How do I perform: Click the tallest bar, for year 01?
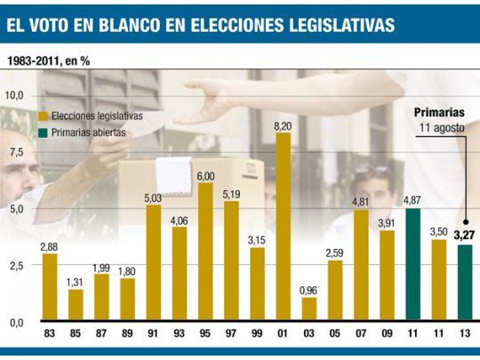(x=284, y=228)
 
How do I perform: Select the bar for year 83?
(x=50, y=286)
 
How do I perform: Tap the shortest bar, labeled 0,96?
(x=309, y=308)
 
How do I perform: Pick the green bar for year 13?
(x=465, y=283)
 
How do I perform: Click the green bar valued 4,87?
(x=412, y=264)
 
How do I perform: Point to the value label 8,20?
(x=284, y=126)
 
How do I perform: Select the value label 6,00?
(x=205, y=176)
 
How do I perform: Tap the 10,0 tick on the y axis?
(x=14, y=94)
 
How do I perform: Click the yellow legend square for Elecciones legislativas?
(x=44, y=116)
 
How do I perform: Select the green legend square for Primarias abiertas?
(x=44, y=132)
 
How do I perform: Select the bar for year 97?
(x=231, y=260)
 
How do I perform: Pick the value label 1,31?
(x=76, y=284)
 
